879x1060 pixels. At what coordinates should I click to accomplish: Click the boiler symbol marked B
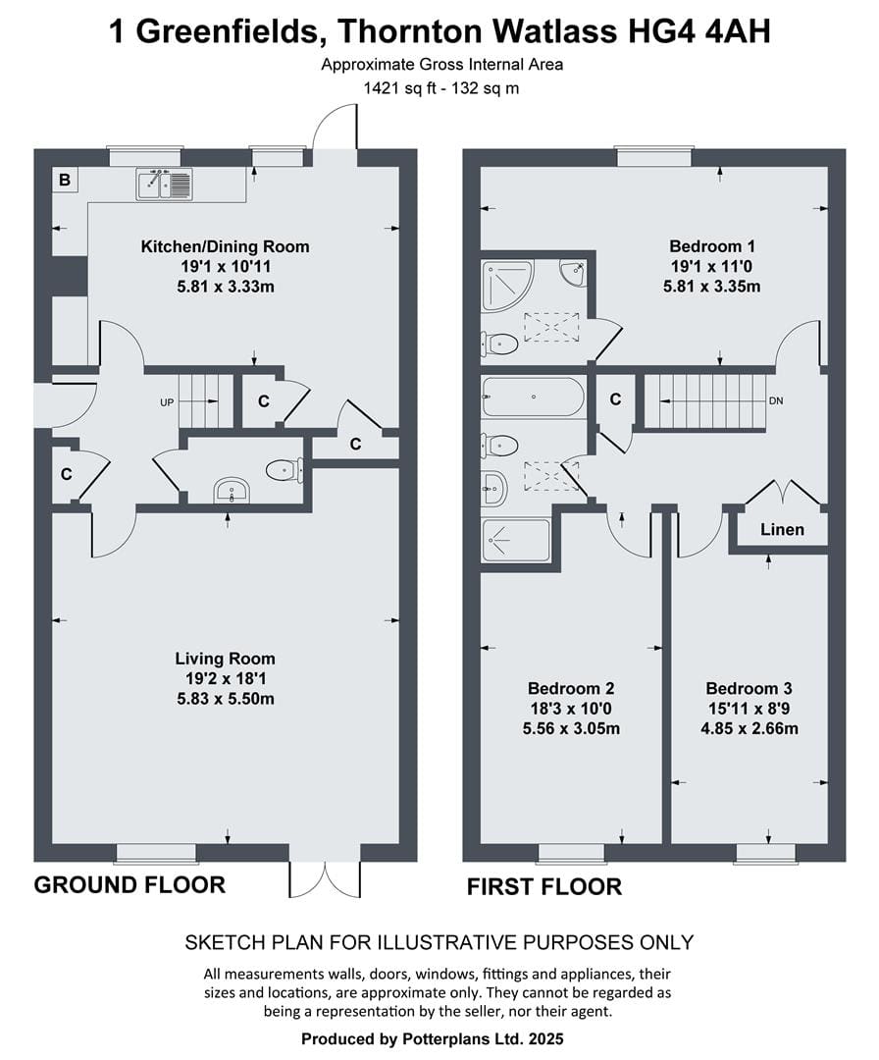point(65,180)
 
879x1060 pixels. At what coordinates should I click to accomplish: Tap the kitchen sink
point(164,184)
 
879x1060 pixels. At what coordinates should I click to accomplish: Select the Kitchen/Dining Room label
point(225,246)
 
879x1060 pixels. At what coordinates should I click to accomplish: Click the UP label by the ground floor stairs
point(167,403)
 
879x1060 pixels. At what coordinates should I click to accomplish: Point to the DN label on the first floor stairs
point(776,400)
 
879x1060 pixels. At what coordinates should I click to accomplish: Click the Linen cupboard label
point(783,529)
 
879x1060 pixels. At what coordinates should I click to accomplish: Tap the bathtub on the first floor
point(533,397)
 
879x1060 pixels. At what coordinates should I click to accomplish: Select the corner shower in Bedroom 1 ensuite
point(507,286)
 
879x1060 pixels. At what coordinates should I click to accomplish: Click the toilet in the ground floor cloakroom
point(284,469)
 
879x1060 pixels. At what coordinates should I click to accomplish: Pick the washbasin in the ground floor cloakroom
point(233,491)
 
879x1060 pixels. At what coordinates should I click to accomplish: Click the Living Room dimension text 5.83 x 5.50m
point(226,699)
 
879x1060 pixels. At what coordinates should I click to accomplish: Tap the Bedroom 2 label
point(571,688)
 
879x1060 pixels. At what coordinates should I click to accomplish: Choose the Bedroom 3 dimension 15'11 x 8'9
point(749,709)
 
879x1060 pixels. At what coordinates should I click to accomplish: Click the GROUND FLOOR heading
point(129,885)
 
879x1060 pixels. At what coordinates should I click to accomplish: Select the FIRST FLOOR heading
point(544,887)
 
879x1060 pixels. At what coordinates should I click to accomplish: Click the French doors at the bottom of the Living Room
point(325,879)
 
